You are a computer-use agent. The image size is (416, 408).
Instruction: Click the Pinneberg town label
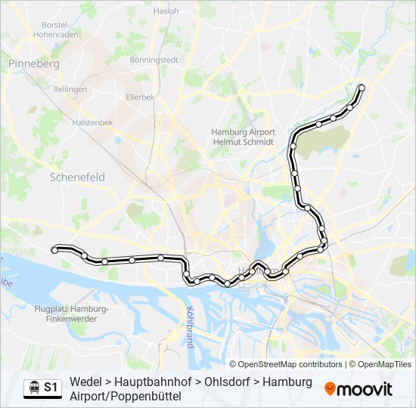pyautogui.click(x=34, y=63)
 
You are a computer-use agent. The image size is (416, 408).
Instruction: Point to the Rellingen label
pyautogui.click(x=70, y=89)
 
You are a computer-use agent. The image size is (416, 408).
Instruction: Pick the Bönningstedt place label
pyautogui.click(x=153, y=60)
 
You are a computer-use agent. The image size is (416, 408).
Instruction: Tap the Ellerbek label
pyautogui.click(x=140, y=97)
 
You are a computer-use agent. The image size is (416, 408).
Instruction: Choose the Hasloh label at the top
pyautogui.click(x=166, y=11)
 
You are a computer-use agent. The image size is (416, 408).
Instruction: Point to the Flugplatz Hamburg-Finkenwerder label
pyautogui.click(x=72, y=314)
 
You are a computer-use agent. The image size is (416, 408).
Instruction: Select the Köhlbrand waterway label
pyautogui.click(x=190, y=326)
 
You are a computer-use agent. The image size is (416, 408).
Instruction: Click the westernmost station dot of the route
pyautogui.click(x=54, y=249)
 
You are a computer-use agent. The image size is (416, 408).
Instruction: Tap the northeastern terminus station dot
pyautogui.click(x=361, y=88)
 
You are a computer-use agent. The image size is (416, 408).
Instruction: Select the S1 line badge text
pyautogui.click(x=51, y=388)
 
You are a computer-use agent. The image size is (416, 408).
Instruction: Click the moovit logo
pyautogui.click(x=359, y=389)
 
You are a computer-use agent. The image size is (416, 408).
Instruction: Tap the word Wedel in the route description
pyautogui.click(x=85, y=382)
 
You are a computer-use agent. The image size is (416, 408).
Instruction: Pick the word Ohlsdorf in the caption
pyautogui.click(x=224, y=382)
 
